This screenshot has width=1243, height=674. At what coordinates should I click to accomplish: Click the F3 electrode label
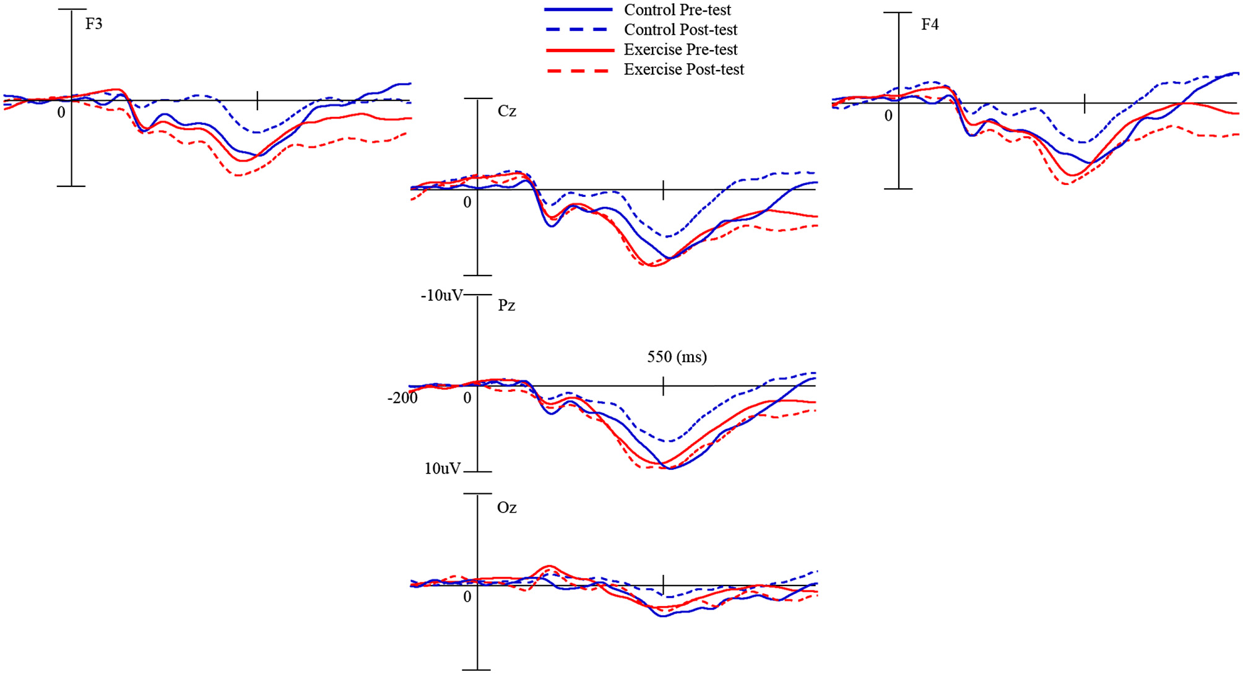click(93, 24)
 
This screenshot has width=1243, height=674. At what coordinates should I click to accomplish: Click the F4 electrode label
click(930, 25)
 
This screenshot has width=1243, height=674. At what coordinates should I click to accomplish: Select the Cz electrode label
click(507, 111)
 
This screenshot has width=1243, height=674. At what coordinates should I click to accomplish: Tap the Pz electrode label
click(506, 306)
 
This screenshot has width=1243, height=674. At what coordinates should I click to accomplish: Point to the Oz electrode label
click(506, 508)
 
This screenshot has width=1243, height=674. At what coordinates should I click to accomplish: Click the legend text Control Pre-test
click(677, 10)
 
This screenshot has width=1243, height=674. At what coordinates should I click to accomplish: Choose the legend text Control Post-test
click(680, 30)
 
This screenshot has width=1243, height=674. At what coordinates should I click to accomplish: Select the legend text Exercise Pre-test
click(680, 50)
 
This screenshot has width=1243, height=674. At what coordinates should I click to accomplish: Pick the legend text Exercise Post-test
click(683, 69)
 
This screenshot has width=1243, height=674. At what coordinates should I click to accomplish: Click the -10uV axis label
click(441, 296)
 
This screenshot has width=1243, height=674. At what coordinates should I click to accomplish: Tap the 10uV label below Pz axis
click(443, 469)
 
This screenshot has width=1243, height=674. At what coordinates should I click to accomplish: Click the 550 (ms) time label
click(677, 357)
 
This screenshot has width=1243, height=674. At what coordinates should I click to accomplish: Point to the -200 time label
click(402, 398)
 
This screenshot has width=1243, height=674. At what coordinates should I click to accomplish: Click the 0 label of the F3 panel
click(61, 113)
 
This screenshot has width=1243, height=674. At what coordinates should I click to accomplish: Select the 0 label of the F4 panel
click(888, 116)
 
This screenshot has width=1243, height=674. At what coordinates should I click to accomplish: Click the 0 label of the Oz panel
click(467, 597)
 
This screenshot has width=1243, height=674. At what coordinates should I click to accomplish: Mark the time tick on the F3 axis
click(258, 100)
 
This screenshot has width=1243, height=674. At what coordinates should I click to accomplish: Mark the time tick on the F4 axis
click(1085, 103)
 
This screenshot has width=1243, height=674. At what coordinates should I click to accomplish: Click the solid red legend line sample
click(579, 50)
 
